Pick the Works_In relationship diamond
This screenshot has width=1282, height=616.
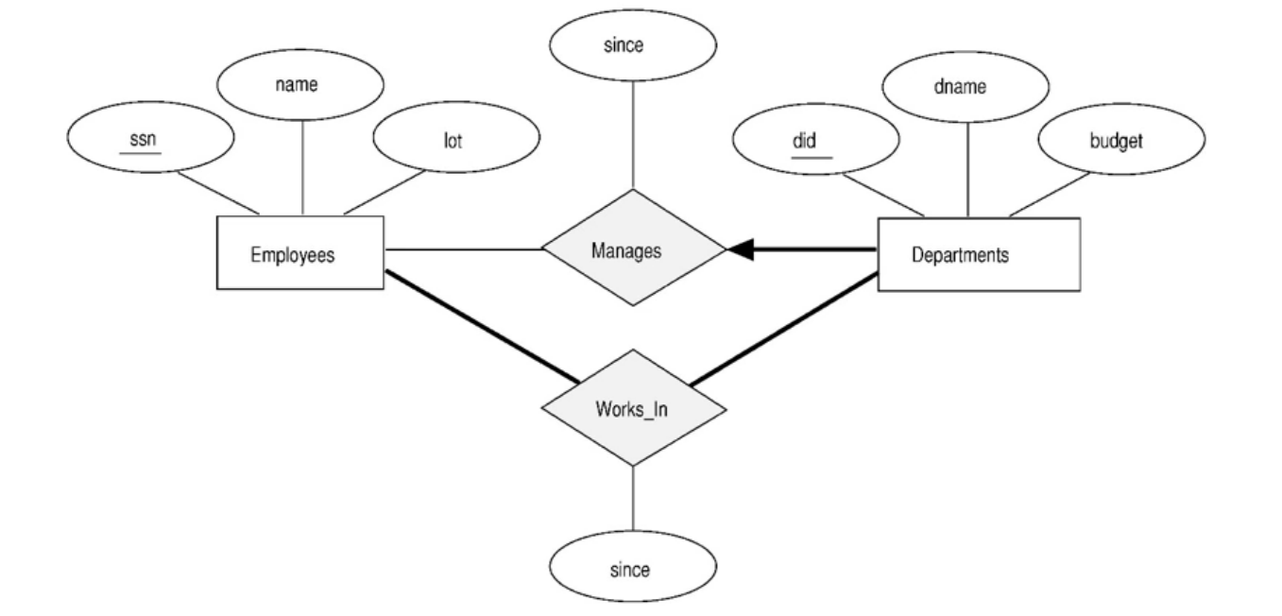[632, 409]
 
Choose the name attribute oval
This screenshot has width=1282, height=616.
[301, 84]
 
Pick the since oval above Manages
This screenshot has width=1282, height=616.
[632, 45]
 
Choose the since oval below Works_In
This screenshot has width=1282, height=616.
[632, 570]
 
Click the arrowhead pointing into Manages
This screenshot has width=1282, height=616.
[742, 249]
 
